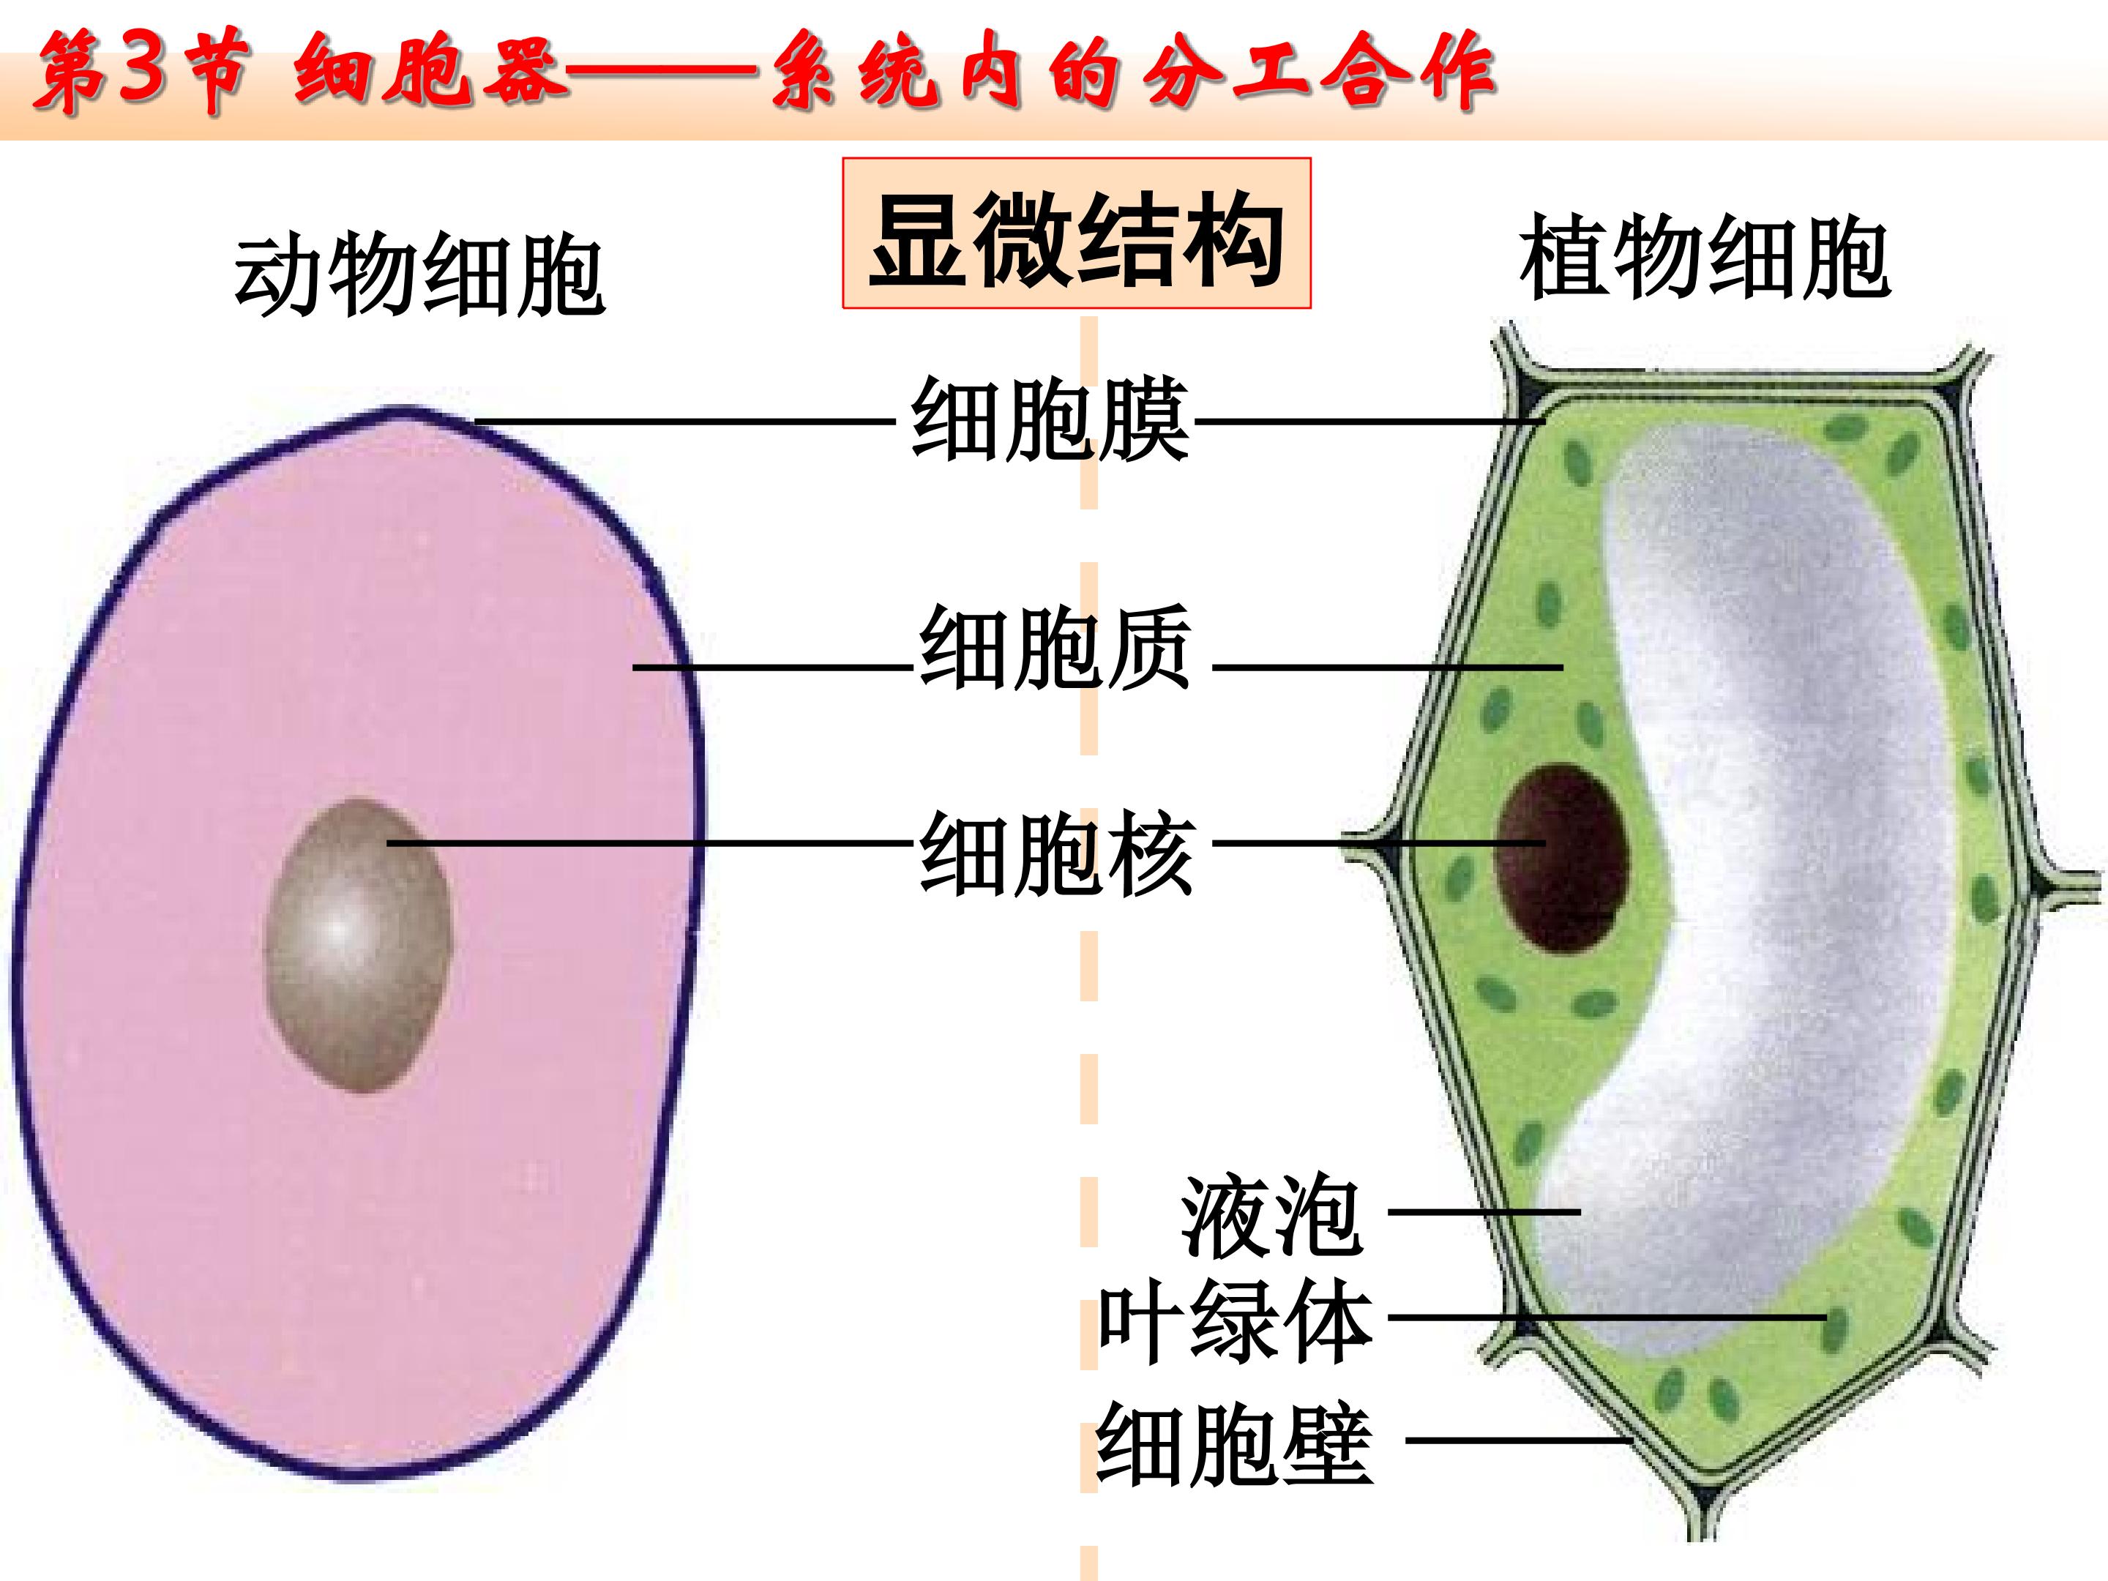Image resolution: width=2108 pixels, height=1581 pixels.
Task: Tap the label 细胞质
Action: click(1055, 648)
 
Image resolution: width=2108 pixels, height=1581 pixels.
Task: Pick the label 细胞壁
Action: click(1235, 1443)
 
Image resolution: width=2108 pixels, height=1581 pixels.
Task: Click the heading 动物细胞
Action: click(419, 277)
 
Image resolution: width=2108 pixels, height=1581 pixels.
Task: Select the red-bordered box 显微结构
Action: click(1077, 233)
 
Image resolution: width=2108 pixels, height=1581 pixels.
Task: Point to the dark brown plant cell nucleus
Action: click(1562, 858)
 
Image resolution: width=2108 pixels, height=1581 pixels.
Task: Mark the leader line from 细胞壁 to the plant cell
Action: click(1517, 1441)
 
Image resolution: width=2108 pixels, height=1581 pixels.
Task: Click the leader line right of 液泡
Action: click(1484, 1212)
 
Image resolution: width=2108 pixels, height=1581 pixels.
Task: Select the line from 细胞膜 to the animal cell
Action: click(685, 421)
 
